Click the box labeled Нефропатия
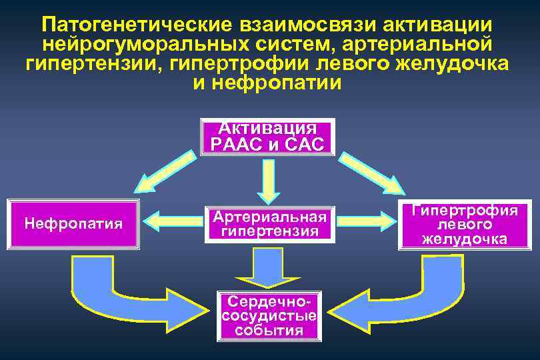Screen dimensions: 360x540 73,224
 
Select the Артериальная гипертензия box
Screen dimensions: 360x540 270,224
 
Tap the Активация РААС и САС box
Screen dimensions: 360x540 267,137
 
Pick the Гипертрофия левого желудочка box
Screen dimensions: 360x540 465,225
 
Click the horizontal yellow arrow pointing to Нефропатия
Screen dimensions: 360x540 175,221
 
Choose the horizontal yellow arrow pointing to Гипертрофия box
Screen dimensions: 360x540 363,221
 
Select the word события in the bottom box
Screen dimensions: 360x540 270,331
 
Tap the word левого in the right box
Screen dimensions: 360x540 465,225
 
